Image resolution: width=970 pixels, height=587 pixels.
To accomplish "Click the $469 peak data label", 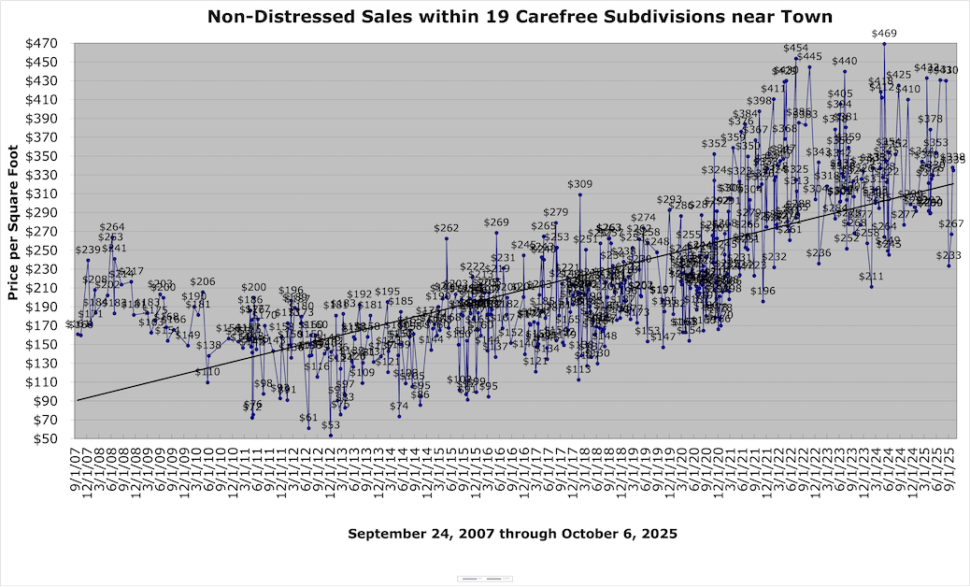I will point(884,34).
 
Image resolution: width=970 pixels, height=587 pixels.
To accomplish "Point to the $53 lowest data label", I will point(330,425).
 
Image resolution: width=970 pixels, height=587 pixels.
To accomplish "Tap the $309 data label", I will point(579,185).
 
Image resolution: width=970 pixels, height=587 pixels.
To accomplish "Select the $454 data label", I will point(795,48).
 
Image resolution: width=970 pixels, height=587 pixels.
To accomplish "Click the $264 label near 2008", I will point(112,227).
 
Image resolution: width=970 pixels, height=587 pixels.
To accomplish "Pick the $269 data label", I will point(496,222).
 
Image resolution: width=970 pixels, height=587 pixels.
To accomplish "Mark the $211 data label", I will point(871,277).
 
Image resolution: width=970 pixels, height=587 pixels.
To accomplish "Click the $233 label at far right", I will point(949,256).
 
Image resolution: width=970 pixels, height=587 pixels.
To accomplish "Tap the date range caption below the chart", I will point(512,534).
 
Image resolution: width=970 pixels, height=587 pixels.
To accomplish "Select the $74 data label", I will point(399,407).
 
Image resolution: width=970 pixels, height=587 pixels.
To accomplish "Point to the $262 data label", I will point(446,229).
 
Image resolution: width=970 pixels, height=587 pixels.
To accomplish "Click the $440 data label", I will point(844,62).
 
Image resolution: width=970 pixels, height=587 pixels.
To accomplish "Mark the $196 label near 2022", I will point(763,292).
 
